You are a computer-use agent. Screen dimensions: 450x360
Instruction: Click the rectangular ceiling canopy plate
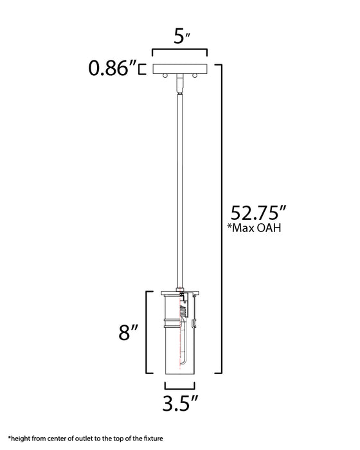coord(179,68)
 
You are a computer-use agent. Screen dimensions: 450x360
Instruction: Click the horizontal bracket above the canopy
coord(179,51)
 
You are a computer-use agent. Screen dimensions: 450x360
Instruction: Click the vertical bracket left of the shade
coord(148,333)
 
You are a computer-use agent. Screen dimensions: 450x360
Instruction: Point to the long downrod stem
coord(179,193)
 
